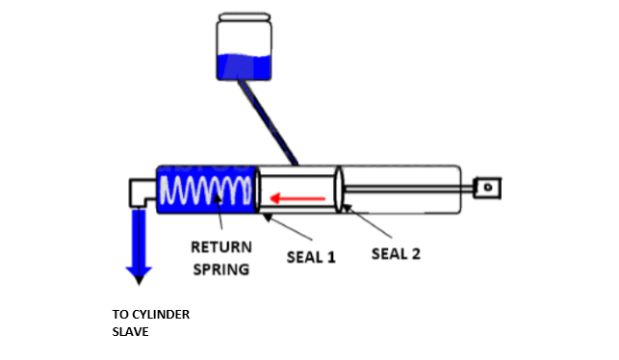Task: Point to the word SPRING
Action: tap(220, 269)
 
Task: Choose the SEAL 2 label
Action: tap(396, 254)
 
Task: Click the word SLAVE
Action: tap(131, 332)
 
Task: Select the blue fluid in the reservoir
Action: tap(245, 66)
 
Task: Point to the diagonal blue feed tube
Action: tap(270, 120)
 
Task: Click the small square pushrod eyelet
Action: tap(491, 183)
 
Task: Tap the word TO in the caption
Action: tap(120, 315)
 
